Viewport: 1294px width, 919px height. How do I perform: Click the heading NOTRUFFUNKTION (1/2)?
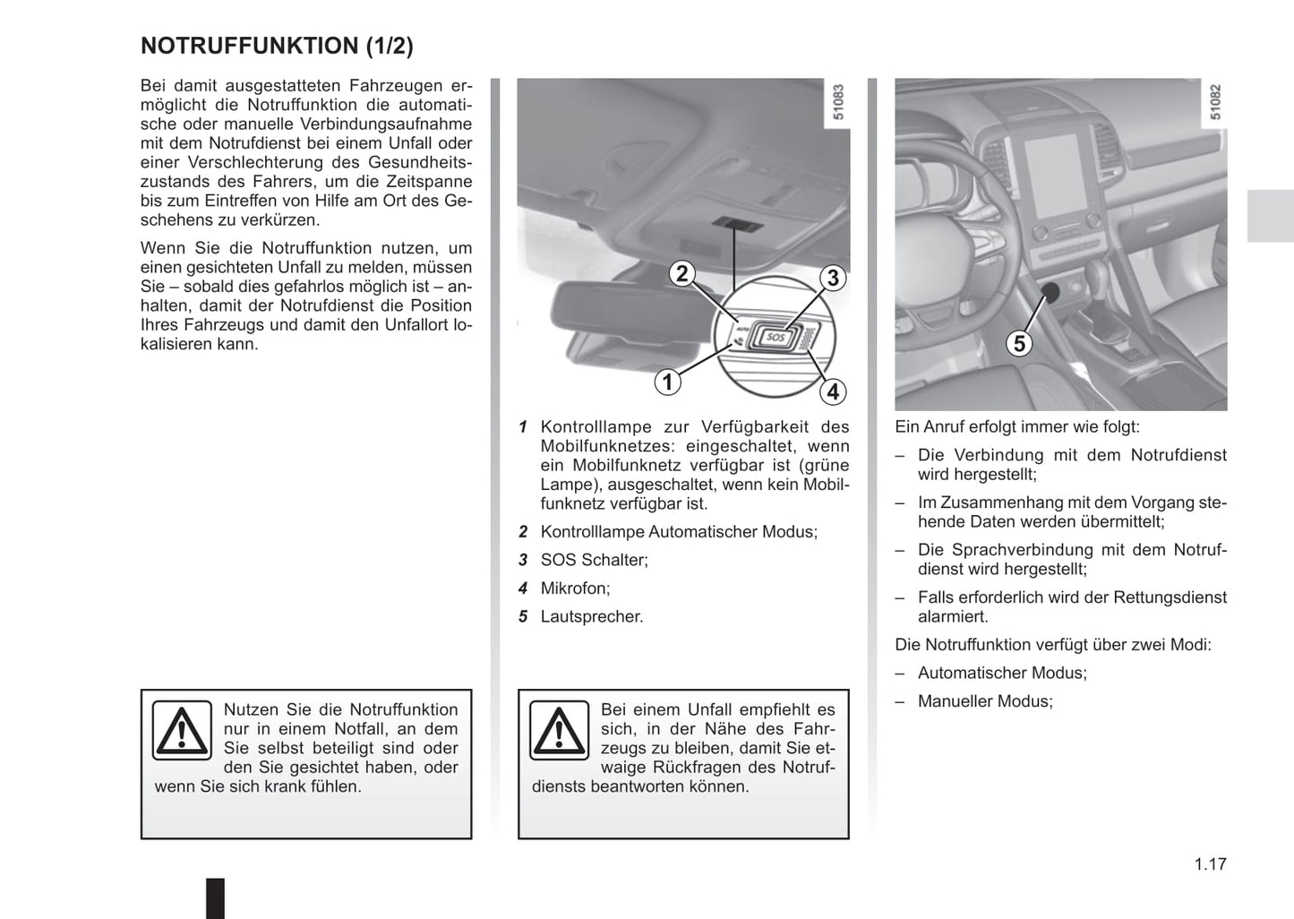pyautogui.click(x=277, y=46)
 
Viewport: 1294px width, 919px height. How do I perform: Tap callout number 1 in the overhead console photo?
pyautogui.click(x=667, y=382)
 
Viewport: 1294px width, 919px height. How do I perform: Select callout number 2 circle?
pyautogui.click(x=682, y=273)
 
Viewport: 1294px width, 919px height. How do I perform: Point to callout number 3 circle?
pyautogui.click(x=833, y=278)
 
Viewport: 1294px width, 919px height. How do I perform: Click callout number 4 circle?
pyautogui.click(x=833, y=391)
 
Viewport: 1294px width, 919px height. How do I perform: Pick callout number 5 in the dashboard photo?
pyautogui.click(x=1019, y=343)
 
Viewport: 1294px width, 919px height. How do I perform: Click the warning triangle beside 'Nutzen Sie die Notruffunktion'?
pyautogui.click(x=182, y=730)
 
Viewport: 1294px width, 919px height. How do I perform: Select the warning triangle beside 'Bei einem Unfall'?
pyautogui.click(x=559, y=730)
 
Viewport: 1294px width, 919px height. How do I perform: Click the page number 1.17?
pyautogui.click(x=1210, y=864)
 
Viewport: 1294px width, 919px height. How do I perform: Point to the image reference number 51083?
pyautogui.click(x=838, y=103)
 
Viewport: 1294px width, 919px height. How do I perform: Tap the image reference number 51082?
pyautogui.click(x=1215, y=103)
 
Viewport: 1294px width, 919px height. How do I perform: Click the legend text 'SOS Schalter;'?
pyautogui.click(x=594, y=561)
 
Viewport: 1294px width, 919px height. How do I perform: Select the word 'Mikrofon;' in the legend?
pyautogui.click(x=575, y=588)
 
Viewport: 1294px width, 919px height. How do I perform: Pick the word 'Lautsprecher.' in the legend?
pyautogui.click(x=591, y=617)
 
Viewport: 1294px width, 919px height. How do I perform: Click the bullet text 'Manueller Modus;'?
pyautogui.click(x=985, y=701)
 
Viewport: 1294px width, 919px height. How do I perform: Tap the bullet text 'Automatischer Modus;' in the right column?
pyautogui.click(x=1002, y=673)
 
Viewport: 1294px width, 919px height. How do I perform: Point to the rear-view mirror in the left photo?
pyautogui.click(x=618, y=318)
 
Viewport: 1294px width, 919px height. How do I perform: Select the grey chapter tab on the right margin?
pyautogui.click(x=1270, y=216)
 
